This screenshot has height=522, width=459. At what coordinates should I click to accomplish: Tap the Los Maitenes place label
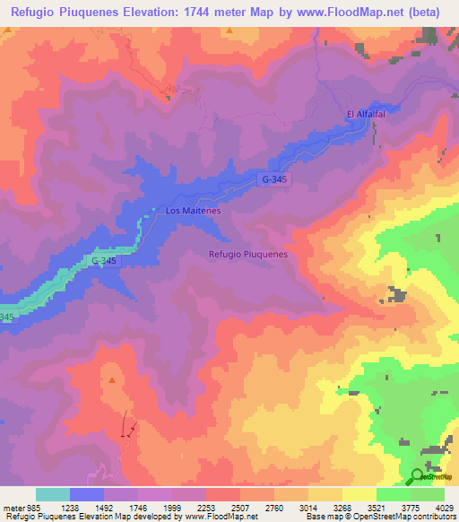(193, 212)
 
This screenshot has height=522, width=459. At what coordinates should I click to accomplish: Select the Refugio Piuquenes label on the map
(247, 254)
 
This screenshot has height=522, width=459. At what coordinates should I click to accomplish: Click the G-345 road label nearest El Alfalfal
(277, 179)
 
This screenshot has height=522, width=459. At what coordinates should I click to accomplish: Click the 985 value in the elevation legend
(23, 506)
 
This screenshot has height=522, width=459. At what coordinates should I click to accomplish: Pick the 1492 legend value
(105, 506)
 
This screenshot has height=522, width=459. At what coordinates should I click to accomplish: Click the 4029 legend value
(446, 506)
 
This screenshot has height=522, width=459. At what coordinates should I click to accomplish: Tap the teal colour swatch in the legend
(53, 494)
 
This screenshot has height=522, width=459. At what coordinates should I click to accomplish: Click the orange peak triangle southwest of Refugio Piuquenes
(112, 379)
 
